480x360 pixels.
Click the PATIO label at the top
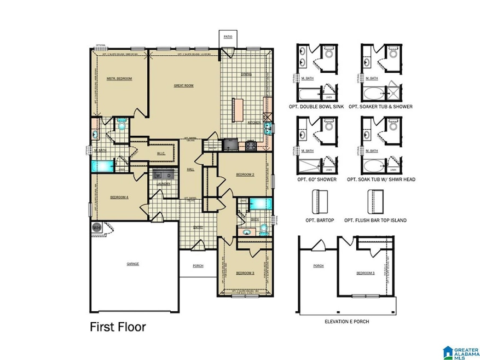pos(228,37)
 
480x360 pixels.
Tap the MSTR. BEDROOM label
pos(119,79)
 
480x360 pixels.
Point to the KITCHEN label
pos(254,123)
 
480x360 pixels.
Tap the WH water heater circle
pos(96,228)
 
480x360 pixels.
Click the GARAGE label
pos(133,264)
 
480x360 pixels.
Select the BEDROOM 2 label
pos(245,175)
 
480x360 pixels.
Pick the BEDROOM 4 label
pos(119,198)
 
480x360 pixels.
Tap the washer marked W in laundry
pos(159,176)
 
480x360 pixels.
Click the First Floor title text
pos(118,327)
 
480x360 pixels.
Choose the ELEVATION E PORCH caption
pos(347,322)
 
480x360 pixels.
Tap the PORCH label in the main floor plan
pos(198,266)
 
